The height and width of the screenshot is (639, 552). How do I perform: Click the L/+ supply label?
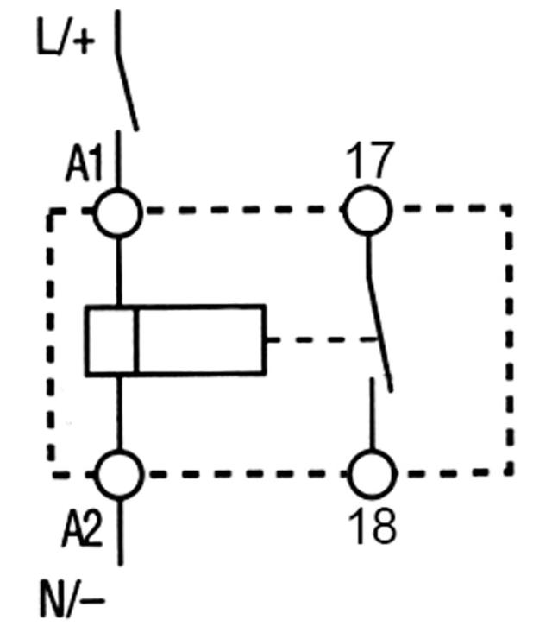pos(62,40)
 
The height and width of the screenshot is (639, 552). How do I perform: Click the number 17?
pos(369,161)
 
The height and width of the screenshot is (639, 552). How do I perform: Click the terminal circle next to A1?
pos(117,212)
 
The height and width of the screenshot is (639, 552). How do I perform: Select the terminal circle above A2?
pos(117,473)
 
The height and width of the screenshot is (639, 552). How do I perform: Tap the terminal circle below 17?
pos(368,210)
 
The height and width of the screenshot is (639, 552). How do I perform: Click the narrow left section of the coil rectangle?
pos(110,339)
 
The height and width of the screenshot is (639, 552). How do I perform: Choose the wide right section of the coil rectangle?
pos(200,339)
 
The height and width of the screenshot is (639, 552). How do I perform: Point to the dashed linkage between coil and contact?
pos(323,339)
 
